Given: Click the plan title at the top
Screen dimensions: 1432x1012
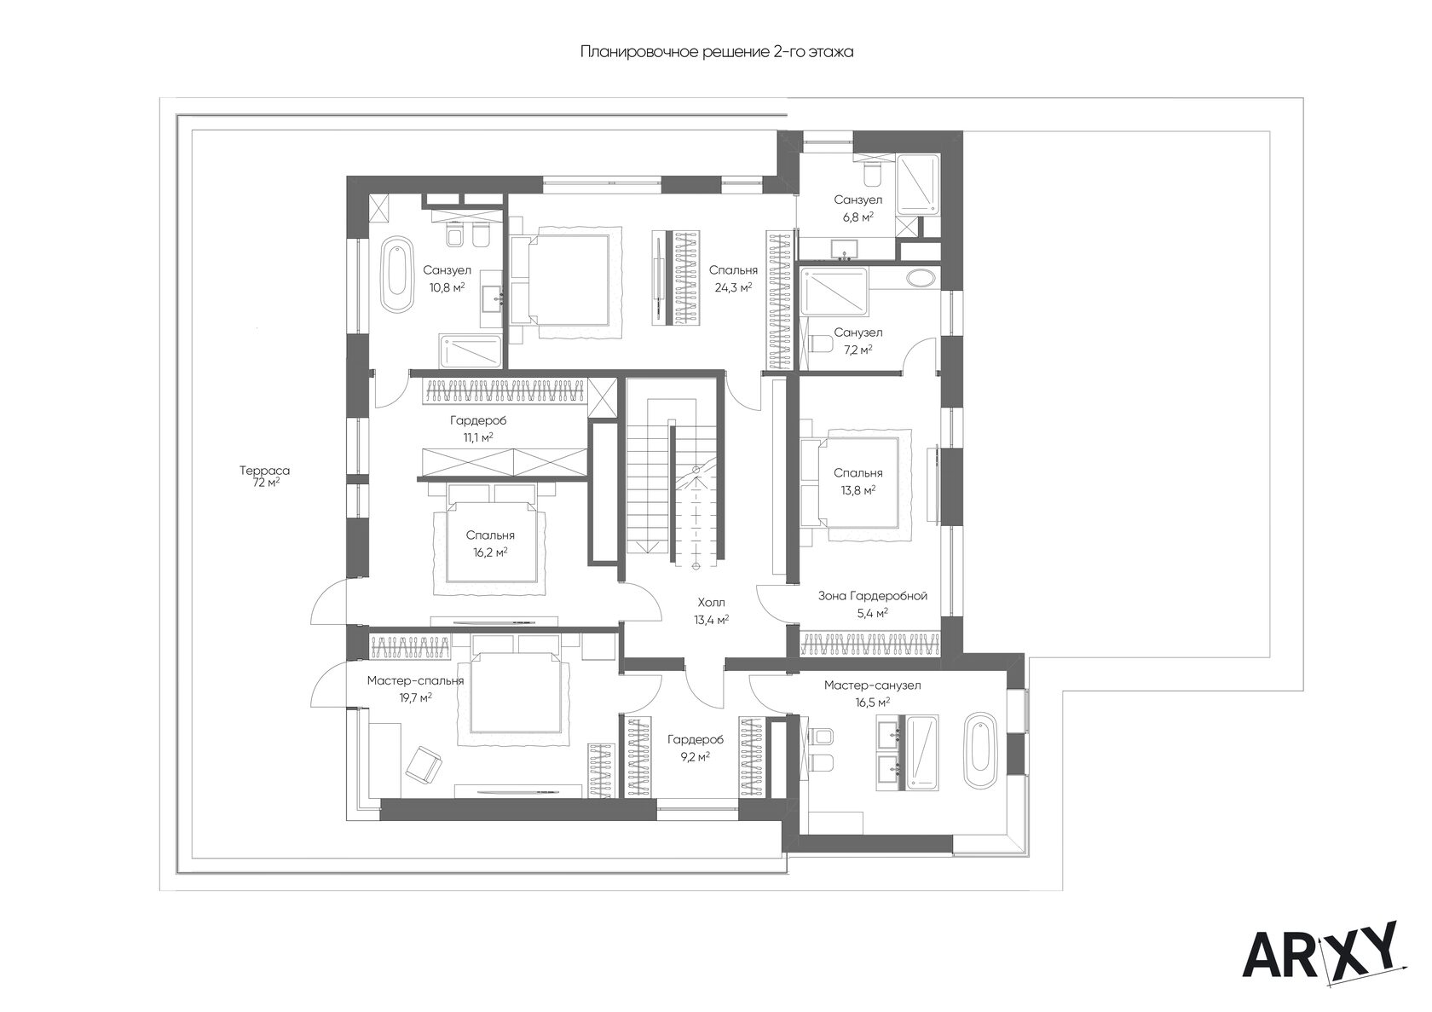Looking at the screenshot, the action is tap(717, 52).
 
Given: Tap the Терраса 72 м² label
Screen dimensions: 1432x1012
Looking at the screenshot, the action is tap(264, 477).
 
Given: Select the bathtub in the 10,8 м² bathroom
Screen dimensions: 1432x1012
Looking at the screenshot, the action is tap(396, 275).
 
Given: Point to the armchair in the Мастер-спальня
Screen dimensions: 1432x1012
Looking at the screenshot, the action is tap(424, 763).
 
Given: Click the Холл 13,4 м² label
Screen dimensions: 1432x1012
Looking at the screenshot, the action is tap(711, 610).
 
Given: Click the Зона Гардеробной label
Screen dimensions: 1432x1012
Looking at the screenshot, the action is tap(873, 596).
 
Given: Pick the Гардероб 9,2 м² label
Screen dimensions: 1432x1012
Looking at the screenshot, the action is tap(696, 748).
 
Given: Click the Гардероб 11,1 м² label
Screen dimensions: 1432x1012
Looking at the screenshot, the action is tap(478, 429).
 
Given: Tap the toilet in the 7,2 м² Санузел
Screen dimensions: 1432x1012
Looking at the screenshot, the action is tap(820, 344).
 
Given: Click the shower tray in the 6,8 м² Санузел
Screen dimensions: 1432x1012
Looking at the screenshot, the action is tap(918, 184).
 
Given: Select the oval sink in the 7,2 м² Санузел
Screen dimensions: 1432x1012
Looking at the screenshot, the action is tap(921, 278).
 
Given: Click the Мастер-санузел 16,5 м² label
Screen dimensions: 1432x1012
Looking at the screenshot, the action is tap(872, 694).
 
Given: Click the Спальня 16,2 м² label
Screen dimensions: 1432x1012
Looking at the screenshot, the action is tap(490, 543).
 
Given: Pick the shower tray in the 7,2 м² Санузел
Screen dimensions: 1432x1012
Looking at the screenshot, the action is tap(834, 292).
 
